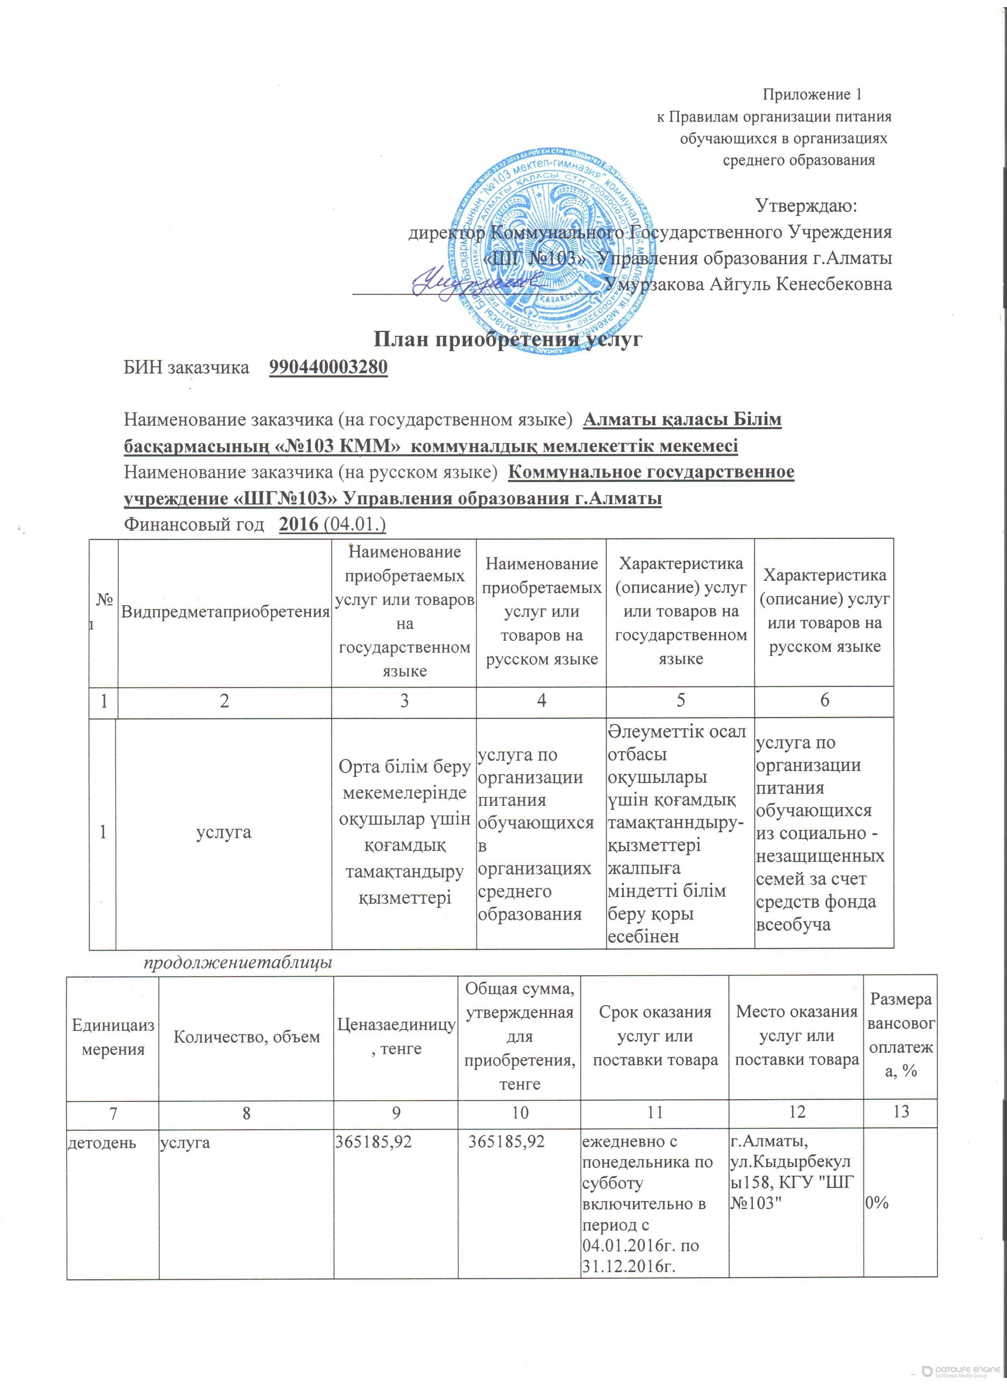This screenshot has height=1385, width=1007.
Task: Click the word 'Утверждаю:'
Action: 807,206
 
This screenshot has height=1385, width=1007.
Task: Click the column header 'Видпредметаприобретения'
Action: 225,611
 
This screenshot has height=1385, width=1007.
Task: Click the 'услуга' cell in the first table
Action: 225,832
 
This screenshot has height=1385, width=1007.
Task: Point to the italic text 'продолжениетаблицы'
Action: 238,963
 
